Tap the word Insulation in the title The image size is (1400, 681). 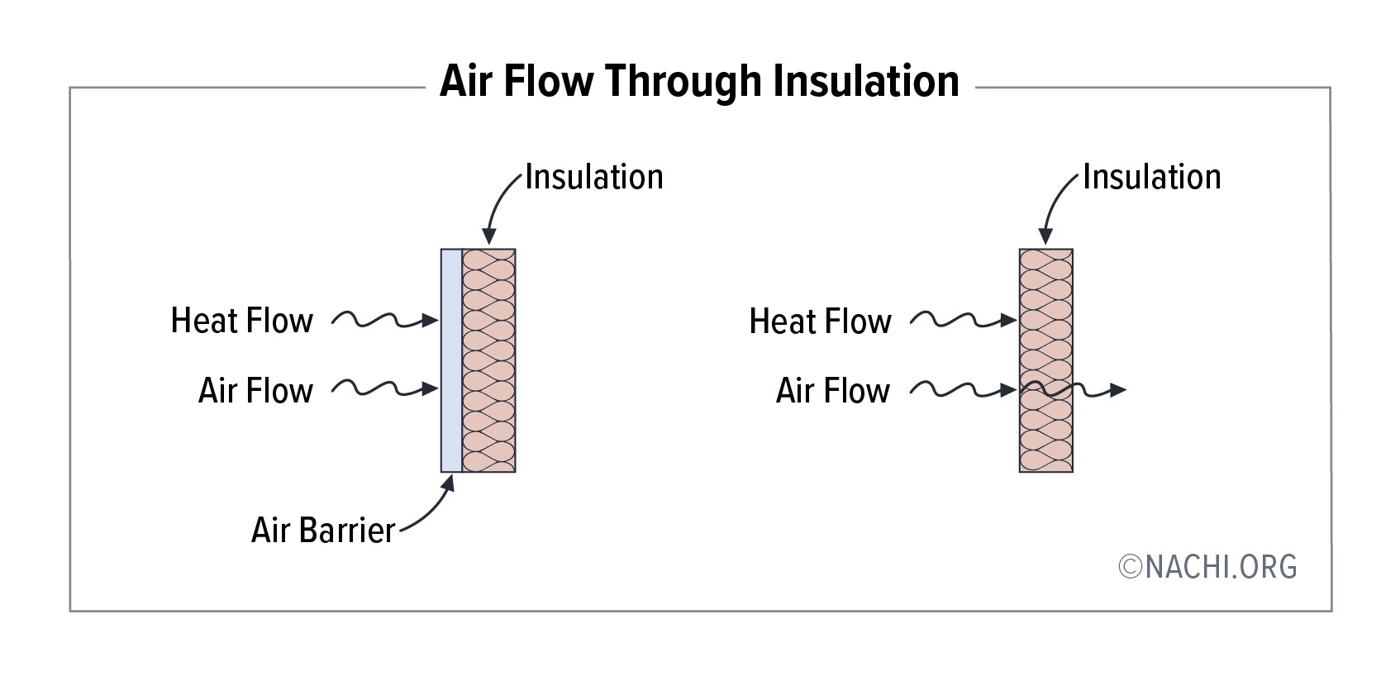[x=866, y=81]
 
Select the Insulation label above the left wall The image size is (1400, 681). [x=593, y=177]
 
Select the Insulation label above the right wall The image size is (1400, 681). [x=1151, y=177]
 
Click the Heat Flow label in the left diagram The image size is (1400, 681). [x=241, y=321]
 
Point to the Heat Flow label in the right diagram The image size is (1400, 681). [x=820, y=321]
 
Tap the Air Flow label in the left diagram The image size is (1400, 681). [x=255, y=390]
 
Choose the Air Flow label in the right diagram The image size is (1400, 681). [x=833, y=390]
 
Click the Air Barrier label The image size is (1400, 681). [x=322, y=530]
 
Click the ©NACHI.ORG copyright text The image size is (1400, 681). [x=1207, y=567]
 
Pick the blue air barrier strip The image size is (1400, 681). [x=451, y=360]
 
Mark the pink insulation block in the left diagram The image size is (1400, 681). [x=488, y=360]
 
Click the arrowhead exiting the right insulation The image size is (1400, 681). [x=1117, y=390]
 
